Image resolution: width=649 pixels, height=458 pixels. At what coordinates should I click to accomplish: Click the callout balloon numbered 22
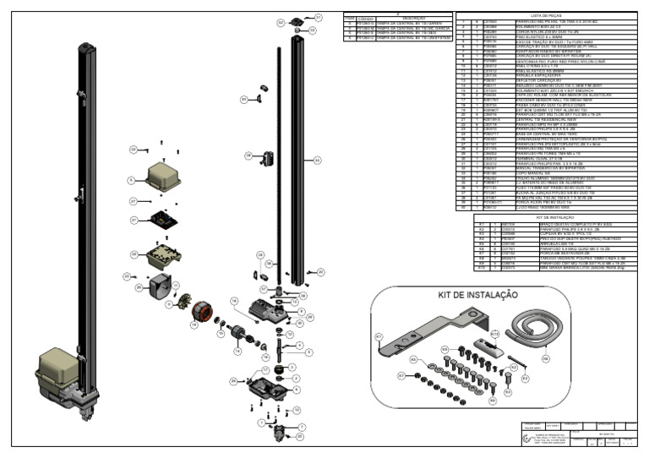[x=133, y=150]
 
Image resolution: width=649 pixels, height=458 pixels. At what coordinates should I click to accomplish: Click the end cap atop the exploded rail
[x=297, y=21]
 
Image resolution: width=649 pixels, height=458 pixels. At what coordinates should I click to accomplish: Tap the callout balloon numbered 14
[x=237, y=351]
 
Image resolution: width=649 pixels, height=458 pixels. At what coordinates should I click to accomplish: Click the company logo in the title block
[x=530, y=437]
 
